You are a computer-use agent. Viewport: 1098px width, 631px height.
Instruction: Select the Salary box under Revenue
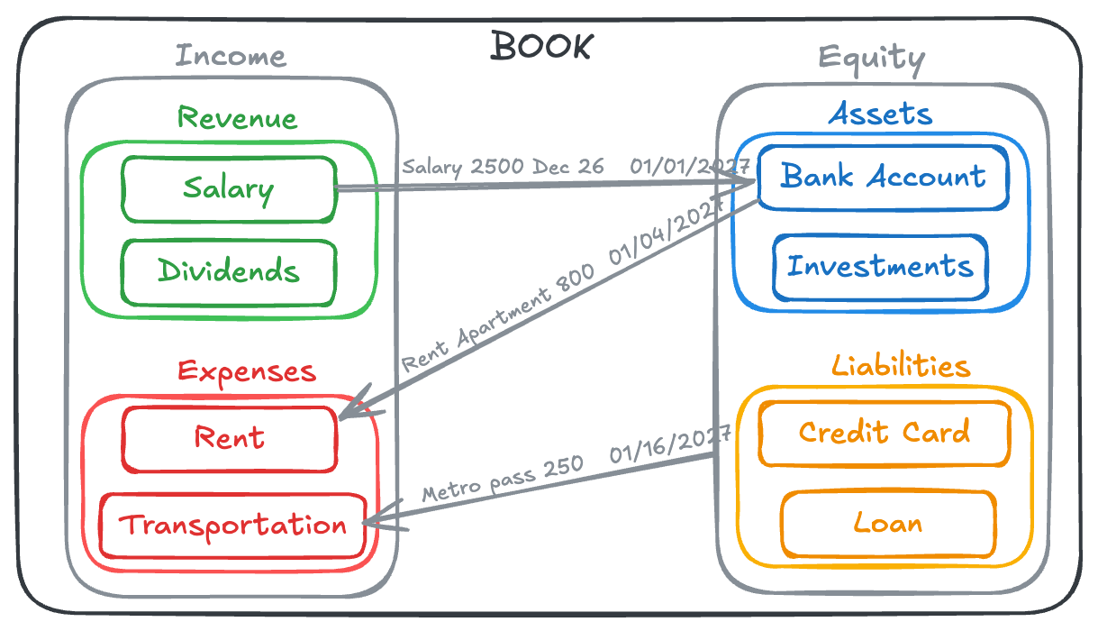(229, 189)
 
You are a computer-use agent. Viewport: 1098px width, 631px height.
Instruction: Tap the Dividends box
(229, 270)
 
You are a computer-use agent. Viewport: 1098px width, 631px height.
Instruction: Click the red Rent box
(230, 439)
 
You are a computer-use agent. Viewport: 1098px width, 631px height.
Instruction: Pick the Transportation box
(233, 526)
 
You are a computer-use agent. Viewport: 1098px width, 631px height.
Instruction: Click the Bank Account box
(882, 177)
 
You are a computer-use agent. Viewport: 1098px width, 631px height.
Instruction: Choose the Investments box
(880, 267)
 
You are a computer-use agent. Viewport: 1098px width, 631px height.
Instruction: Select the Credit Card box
(884, 433)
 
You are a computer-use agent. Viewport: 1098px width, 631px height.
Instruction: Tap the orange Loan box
(888, 524)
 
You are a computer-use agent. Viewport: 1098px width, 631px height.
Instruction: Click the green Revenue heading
(237, 118)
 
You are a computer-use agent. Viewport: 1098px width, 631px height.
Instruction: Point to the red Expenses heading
(246, 371)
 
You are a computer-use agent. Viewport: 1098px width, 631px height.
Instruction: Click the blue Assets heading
(880, 114)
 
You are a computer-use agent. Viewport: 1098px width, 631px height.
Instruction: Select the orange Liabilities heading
(900, 366)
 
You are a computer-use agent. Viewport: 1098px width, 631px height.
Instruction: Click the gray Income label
(231, 56)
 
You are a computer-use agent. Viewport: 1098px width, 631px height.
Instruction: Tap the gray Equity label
(871, 59)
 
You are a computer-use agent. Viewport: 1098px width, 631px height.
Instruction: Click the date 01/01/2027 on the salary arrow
(689, 167)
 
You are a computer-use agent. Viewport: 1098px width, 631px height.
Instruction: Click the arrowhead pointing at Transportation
(371, 521)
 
